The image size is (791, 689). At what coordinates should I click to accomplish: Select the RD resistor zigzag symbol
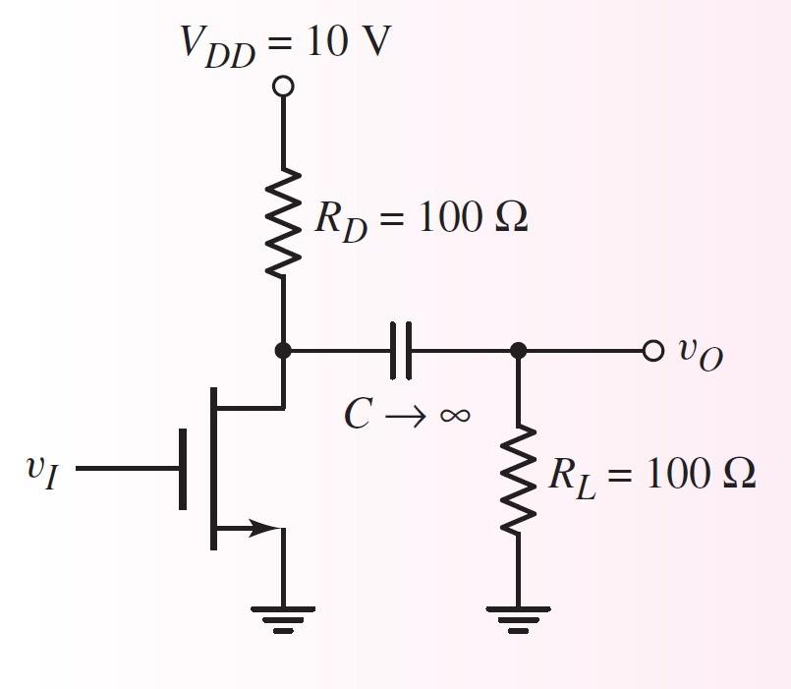pyautogui.click(x=283, y=222)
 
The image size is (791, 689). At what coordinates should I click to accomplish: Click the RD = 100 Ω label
pyautogui.click(x=421, y=218)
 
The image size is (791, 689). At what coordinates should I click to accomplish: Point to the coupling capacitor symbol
pyautogui.click(x=401, y=350)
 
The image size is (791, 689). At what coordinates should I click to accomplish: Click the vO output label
pyautogui.click(x=701, y=352)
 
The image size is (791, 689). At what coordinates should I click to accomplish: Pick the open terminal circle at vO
pyautogui.click(x=653, y=350)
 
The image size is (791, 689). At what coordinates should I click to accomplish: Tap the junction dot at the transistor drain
pyautogui.click(x=283, y=350)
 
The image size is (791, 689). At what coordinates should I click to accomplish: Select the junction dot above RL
pyautogui.click(x=519, y=350)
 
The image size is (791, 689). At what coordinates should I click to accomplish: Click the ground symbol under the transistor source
pyautogui.click(x=283, y=617)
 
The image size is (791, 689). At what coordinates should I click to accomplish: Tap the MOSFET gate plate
pyautogui.click(x=184, y=469)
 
